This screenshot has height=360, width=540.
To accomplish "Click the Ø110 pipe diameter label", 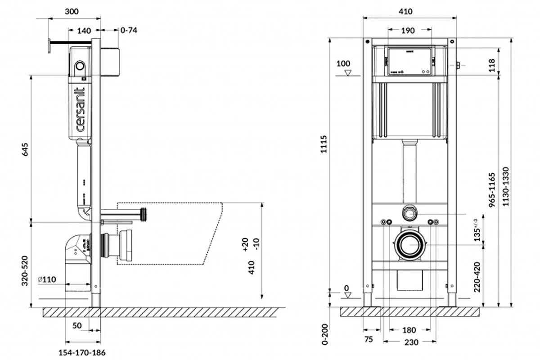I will [47, 279].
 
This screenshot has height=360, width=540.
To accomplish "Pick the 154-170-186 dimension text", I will [83, 352].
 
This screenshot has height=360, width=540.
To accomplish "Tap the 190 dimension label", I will [408, 31].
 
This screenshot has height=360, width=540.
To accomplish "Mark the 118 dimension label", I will [492, 65].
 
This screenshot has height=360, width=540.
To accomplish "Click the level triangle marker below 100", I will [346, 72].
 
